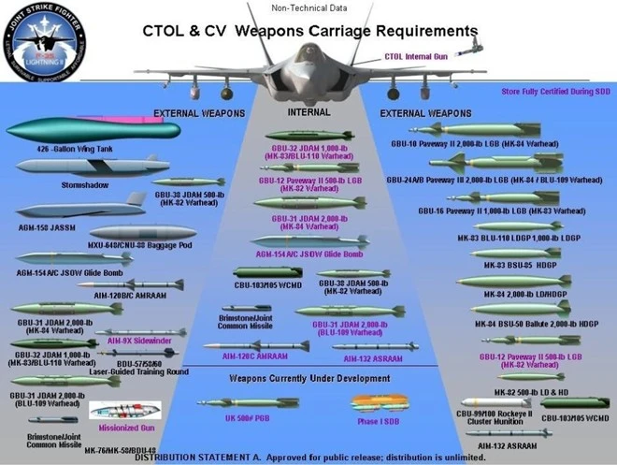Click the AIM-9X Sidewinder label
tap(141, 341)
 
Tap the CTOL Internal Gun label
tap(416, 57)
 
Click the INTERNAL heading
tap(309, 112)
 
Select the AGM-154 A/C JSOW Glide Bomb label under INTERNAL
tap(310, 254)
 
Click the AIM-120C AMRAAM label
tap(253, 357)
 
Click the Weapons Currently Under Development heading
tap(309, 378)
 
